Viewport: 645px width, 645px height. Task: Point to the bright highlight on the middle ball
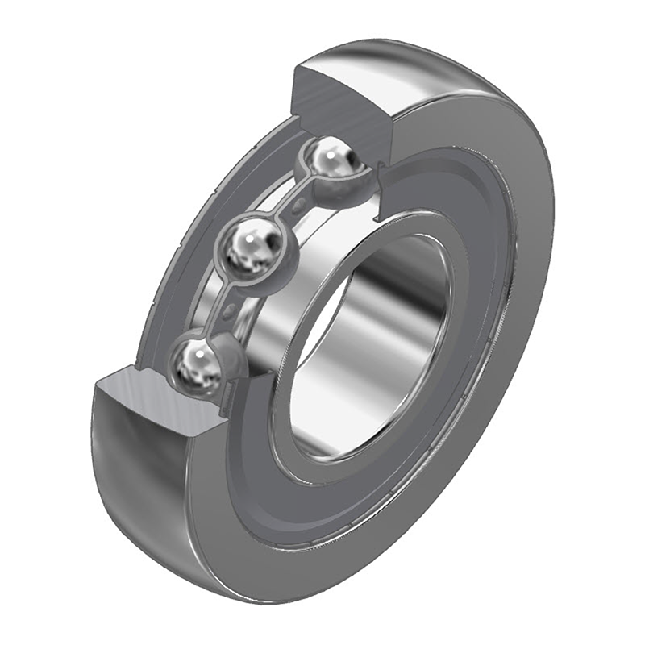pos(256,236)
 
